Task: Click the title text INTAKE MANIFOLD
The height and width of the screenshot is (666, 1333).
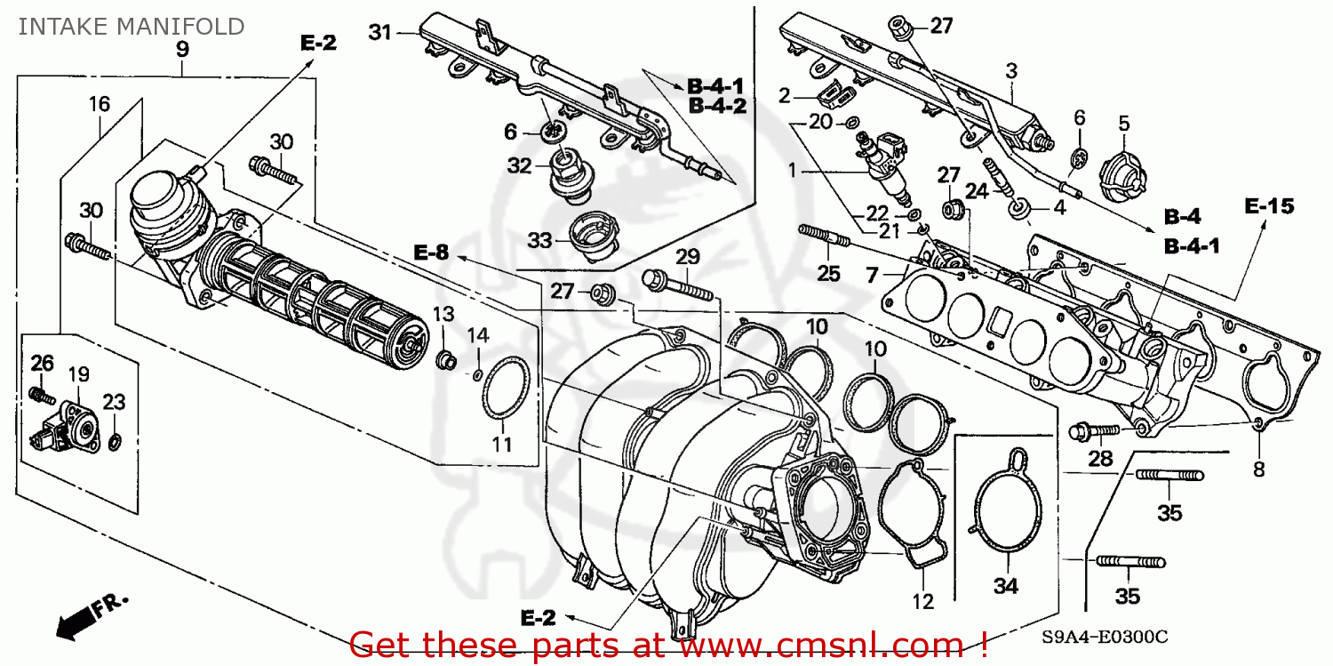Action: (131, 27)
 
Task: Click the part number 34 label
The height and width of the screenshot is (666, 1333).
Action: (1006, 586)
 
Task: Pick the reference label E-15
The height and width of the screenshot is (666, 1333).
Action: (1268, 207)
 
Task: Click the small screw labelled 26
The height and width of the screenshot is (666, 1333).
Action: (37, 392)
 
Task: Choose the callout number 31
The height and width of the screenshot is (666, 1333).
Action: (380, 34)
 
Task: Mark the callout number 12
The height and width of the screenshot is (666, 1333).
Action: (923, 602)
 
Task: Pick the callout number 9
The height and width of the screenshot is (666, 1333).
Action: (182, 49)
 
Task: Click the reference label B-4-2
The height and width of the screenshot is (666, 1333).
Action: (716, 107)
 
